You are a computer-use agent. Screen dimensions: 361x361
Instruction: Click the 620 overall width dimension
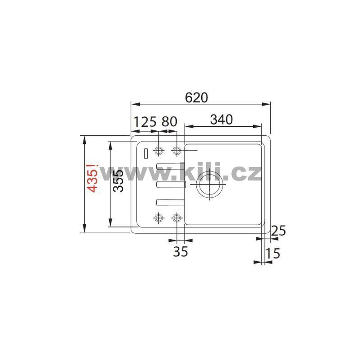click(196, 97)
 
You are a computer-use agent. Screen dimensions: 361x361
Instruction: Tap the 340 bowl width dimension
click(222, 120)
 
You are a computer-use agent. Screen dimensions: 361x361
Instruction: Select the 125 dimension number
click(145, 122)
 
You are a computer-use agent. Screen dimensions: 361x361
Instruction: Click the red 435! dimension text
click(93, 178)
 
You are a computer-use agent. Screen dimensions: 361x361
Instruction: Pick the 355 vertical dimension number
click(119, 181)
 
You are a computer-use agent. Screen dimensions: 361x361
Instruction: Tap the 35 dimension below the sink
click(180, 251)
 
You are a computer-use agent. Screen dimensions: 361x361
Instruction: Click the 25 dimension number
click(278, 231)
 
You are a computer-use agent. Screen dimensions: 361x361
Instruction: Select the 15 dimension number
click(273, 253)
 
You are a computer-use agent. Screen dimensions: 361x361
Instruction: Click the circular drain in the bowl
click(209, 184)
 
